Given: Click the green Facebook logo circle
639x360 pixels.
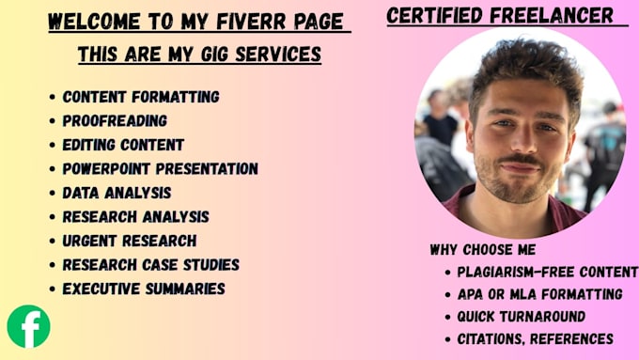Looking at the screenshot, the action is (28, 326).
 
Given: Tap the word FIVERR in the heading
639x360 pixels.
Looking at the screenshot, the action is (250, 22).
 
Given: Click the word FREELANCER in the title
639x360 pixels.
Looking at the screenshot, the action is (552, 15).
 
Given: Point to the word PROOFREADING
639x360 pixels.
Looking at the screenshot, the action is (115, 120).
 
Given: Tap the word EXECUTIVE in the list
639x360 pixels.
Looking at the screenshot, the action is (101, 290).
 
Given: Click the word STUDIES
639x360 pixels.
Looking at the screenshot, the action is (211, 265).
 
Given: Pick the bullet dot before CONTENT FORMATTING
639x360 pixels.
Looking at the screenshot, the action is (53, 97).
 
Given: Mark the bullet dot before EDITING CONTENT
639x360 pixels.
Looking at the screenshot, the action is (53, 145).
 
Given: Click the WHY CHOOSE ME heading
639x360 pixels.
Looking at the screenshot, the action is (483, 249).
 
